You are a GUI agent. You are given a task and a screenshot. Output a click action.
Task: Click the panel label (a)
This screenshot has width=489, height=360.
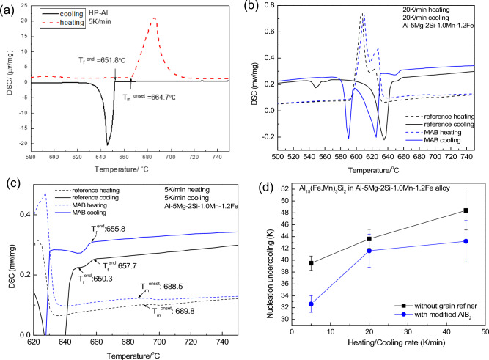[x=10, y=9]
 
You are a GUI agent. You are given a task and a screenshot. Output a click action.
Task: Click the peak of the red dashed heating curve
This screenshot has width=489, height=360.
[x=154, y=18]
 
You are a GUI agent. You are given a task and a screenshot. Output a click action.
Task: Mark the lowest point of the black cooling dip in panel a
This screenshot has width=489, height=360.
[x=108, y=144]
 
